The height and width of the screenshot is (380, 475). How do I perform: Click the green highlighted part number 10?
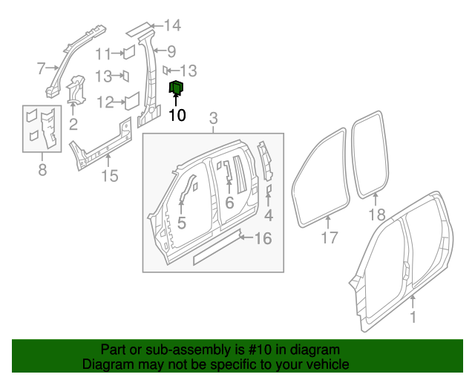point(177,89)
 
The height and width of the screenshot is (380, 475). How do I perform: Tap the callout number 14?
point(172,26)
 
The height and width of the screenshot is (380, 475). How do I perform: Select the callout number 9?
point(171,51)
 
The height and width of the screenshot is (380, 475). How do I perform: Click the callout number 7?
point(42,69)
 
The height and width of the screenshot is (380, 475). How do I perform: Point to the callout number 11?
point(104,53)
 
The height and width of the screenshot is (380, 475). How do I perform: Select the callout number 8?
point(42,171)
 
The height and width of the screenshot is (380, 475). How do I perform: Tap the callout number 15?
point(109,176)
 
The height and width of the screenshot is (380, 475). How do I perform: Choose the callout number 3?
point(213,119)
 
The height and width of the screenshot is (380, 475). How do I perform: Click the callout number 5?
point(181,221)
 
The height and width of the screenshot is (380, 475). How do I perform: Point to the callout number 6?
point(229,202)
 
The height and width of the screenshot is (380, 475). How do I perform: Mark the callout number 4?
point(269,216)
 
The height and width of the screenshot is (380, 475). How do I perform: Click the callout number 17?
point(329,237)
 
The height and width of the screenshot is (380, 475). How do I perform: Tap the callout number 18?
point(377,215)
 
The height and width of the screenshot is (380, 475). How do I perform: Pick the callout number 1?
point(413,317)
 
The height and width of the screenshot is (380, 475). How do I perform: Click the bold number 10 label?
point(177,115)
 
